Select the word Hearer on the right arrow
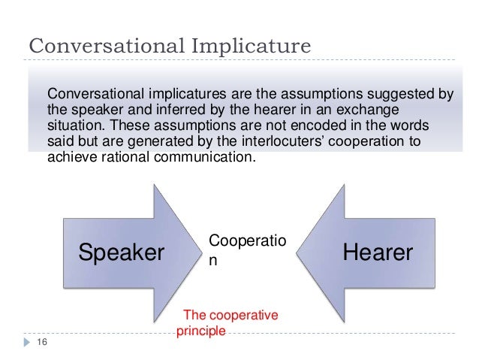pos(378,253)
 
